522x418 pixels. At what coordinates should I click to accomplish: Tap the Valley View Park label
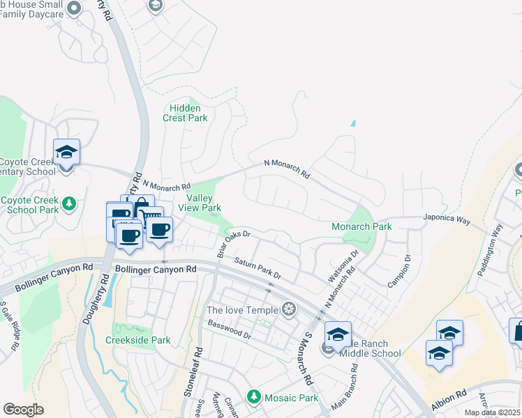click(x=200, y=203)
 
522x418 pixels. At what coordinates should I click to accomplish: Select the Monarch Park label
click(x=361, y=226)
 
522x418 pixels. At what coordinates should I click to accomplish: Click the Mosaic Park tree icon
click(x=254, y=397)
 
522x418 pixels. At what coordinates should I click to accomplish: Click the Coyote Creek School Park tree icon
click(x=68, y=203)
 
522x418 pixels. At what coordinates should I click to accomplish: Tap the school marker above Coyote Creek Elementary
click(x=66, y=153)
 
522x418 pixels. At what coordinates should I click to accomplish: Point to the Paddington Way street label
click(x=490, y=249)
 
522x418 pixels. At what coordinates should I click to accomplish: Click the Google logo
click(x=23, y=410)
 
